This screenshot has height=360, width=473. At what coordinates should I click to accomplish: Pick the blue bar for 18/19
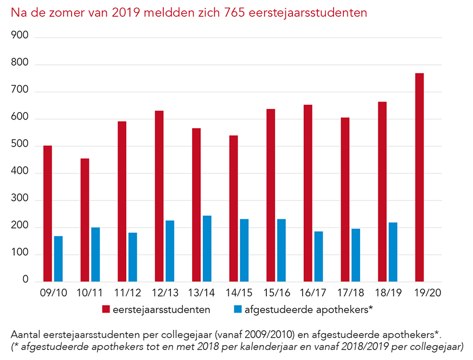(x=393, y=252)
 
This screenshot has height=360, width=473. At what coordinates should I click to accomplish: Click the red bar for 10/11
(x=85, y=220)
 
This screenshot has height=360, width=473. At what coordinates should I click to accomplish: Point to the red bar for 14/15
(x=233, y=209)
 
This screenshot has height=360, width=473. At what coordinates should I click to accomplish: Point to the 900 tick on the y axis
(x=20, y=37)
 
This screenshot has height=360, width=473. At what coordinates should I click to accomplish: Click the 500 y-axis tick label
(x=20, y=146)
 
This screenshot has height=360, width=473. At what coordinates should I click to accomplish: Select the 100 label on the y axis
(x=20, y=254)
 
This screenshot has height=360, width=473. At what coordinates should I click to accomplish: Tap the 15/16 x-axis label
(x=276, y=293)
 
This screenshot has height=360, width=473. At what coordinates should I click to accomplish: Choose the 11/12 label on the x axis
(x=127, y=293)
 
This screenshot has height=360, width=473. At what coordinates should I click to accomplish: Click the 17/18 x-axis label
(x=350, y=293)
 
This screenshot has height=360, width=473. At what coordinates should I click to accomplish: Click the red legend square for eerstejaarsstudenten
(x=106, y=310)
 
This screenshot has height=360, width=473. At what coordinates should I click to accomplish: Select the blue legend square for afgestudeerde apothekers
(x=237, y=310)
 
